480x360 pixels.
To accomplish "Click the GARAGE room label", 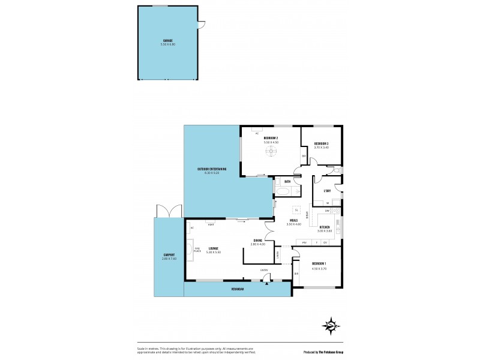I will click(x=168, y=41).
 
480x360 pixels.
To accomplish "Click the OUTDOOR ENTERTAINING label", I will click(x=212, y=171).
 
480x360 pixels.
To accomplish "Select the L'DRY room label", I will click(x=328, y=191).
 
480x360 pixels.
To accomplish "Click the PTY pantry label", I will click(x=304, y=242).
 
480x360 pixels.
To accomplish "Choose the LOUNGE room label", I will click(x=214, y=248).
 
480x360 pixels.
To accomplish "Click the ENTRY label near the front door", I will click(x=264, y=270).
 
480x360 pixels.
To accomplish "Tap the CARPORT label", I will click(x=169, y=256).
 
